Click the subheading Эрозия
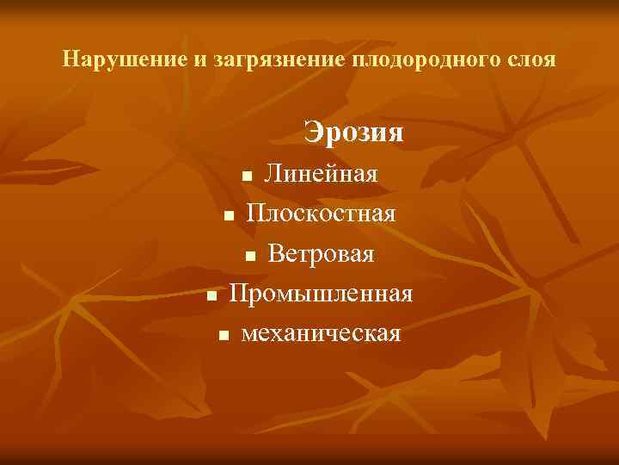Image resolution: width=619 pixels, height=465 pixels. (353, 133)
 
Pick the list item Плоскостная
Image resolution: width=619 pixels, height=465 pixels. (322, 213)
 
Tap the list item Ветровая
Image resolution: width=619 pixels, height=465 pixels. (321, 253)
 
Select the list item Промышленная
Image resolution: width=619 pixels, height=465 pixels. (321, 293)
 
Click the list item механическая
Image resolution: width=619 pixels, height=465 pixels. (322, 332)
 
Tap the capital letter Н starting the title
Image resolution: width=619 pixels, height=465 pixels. (71, 61)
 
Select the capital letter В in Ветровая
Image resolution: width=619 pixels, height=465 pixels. (276, 253)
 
